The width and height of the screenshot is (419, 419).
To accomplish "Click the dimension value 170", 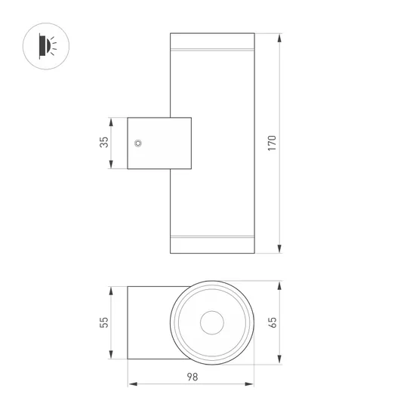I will coord(273,143).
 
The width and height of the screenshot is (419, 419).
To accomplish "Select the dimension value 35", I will coord(104,142).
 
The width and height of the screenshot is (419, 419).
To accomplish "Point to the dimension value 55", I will coord(104,322).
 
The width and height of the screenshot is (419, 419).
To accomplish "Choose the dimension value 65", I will coord(273,322).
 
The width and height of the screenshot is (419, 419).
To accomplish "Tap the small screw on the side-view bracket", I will coord(137,143).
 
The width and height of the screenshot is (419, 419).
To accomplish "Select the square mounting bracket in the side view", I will coord(159,143).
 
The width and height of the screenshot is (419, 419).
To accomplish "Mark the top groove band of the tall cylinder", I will coord(212,51).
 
